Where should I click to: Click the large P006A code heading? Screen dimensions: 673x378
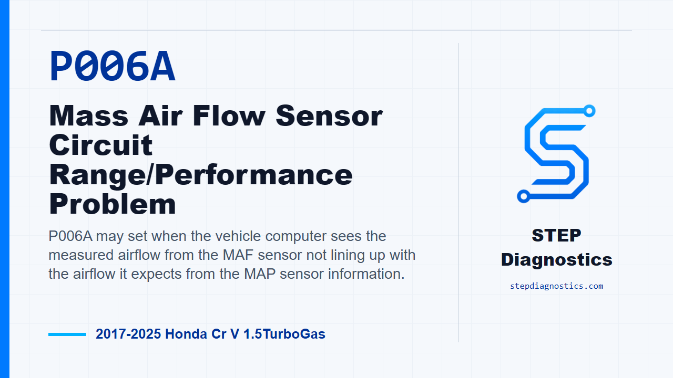(113, 66)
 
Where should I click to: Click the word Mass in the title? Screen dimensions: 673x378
(89, 116)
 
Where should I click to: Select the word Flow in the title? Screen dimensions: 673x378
(229, 116)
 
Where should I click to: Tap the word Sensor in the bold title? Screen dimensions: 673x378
(329, 116)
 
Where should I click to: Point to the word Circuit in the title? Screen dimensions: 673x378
(100, 145)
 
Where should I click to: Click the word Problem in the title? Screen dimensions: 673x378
(113, 204)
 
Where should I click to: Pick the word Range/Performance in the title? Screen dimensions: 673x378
(201, 175)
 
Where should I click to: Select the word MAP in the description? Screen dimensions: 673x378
(260, 274)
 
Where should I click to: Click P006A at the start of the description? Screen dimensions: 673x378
(70, 236)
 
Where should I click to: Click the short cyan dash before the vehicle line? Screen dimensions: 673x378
(67, 334)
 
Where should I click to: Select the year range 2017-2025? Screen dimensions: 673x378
(128, 334)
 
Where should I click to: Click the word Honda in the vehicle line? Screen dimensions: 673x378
(186, 334)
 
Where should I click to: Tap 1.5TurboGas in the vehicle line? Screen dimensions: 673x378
(284, 334)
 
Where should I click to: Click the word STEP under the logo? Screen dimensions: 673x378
(556, 235)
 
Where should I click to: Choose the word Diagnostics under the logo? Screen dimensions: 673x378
(556, 260)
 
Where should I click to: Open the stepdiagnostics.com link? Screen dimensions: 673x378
(556, 286)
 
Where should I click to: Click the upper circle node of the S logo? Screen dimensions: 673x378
(589, 111)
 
